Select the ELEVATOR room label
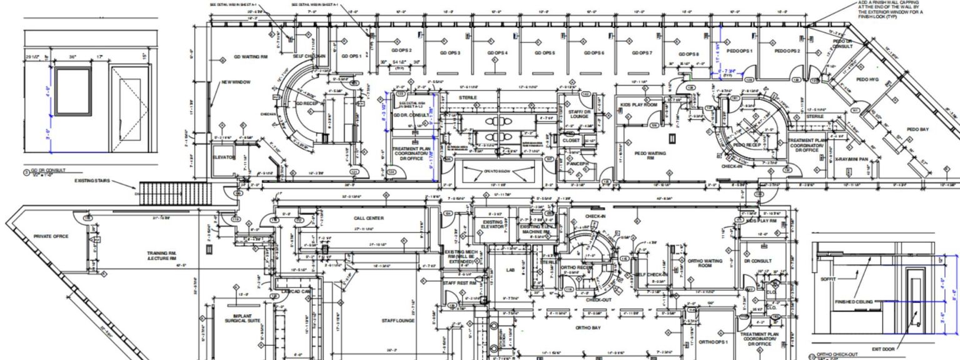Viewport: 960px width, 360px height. [x=224, y=157]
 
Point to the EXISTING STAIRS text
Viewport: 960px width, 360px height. [x=92, y=181]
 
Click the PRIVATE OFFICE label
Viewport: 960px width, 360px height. [x=51, y=236]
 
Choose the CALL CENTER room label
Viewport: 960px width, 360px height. [x=369, y=218]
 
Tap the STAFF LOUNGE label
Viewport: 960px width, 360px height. [x=398, y=321]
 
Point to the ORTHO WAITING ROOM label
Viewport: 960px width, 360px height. [x=704, y=263]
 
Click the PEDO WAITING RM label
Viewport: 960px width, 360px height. [x=650, y=155]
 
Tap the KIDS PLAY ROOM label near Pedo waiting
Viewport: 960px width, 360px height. [x=639, y=105]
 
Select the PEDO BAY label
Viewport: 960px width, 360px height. [x=917, y=129]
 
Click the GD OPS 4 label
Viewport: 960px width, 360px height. [x=497, y=53]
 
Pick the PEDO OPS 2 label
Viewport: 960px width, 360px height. [x=786, y=51]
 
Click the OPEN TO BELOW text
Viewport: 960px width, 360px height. [x=498, y=171]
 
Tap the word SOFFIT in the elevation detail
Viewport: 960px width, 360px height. [x=827, y=279]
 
